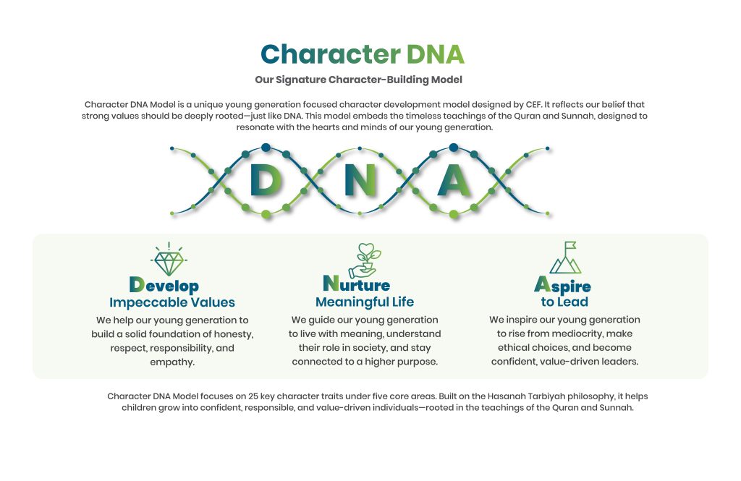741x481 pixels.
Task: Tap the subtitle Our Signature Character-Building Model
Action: (x=359, y=80)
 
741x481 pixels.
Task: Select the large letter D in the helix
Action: (x=266, y=180)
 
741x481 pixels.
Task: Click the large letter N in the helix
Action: (x=360, y=180)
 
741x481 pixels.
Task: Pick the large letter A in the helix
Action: (x=454, y=180)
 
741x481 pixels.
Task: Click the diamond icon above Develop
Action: (x=169, y=259)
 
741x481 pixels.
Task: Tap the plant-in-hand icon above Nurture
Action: (x=365, y=260)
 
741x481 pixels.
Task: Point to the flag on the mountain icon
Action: (x=570, y=245)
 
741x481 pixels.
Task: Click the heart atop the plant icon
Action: (x=366, y=248)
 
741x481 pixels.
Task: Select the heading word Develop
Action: (x=164, y=285)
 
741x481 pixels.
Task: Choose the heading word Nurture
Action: (x=357, y=284)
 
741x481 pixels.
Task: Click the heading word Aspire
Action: (x=562, y=285)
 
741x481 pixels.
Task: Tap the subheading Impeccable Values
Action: (x=172, y=302)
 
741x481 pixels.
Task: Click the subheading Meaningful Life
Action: (x=365, y=302)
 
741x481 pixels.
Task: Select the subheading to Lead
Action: (x=564, y=302)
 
